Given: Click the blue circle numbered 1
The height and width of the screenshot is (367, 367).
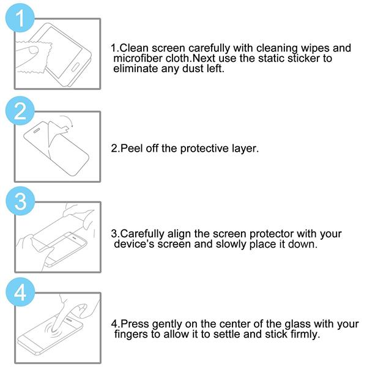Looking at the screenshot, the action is [x=20, y=18].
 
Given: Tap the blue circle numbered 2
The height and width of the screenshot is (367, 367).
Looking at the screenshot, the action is [x=20, y=111].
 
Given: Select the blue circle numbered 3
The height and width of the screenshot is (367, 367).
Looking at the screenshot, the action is [x=20, y=201].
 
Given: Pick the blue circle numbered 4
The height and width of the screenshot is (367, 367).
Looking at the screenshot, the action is [x=20, y=292].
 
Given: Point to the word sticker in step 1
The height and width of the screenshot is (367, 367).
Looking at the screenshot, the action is [x=303, y=58].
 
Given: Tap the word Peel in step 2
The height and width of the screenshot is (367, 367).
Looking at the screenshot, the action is [x=131, y=149].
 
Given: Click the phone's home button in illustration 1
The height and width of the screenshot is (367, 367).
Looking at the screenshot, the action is [x=75, y=67].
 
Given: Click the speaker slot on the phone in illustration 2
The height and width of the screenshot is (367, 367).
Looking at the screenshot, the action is [x=37, y=130].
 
